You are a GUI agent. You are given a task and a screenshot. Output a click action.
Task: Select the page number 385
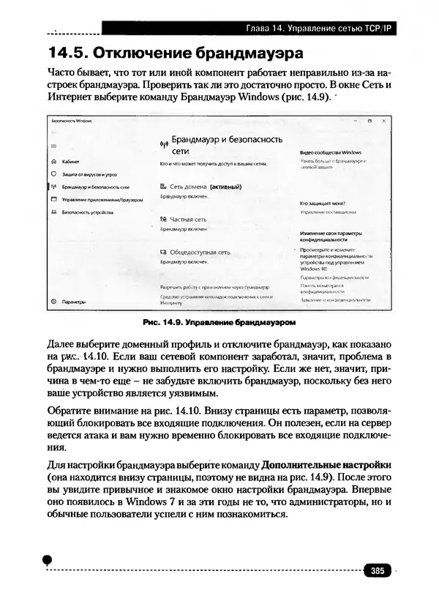pyautogui.click(x=378, y=570)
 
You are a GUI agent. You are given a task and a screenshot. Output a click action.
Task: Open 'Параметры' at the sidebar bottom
pyautogui.click(x=74, y=301)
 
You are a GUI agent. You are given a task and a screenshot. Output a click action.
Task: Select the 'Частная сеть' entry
pyautogui.click(x=188, y=219)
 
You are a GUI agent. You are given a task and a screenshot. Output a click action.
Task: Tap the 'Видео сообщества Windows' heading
pyautogui.click(x=331, y=151)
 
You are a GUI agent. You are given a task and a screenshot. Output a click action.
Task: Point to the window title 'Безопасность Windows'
pyautogui.click(x=66, y=120)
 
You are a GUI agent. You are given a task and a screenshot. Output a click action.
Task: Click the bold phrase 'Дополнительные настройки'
pyautogui.click(x=326, y=465)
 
